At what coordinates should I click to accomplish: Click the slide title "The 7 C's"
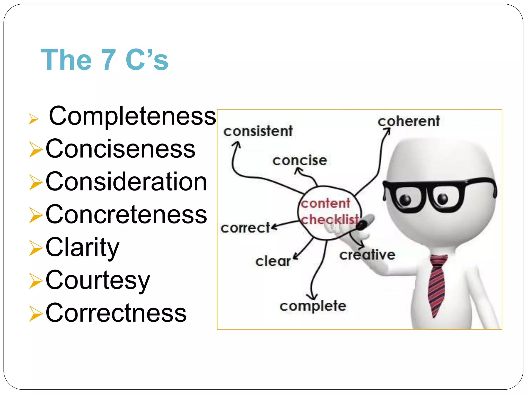(104, 60)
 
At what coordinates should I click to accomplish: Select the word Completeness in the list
(132, 116)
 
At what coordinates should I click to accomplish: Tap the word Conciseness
(120, 149)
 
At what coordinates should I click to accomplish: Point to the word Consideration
(126, 182)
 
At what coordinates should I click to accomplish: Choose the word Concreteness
(126, 214)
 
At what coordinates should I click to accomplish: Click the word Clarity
(82, 247)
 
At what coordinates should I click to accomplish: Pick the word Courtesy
(98, 280)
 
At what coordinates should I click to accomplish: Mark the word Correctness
(116, 313)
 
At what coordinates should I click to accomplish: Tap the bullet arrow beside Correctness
(36, 313)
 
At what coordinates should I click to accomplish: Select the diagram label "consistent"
(258, 131)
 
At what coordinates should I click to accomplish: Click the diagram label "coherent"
(409, 121)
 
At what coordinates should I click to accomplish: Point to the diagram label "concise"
(300, 160)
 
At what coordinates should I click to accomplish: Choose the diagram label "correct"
(245, 228)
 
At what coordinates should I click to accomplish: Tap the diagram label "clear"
(273, 261)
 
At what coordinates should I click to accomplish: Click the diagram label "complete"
(313, 306)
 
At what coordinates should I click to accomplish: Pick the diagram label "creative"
(367, 255)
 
